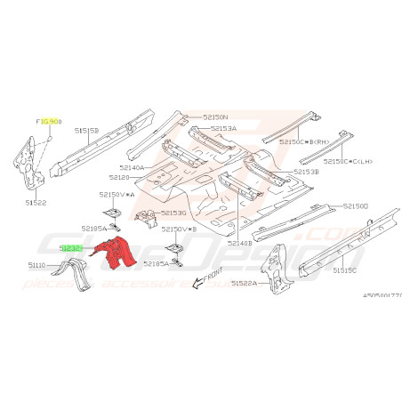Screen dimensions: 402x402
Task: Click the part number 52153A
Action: [223, 128]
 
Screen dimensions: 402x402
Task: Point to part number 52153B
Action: [306, 172]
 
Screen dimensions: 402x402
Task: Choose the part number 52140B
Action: [240, 243]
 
